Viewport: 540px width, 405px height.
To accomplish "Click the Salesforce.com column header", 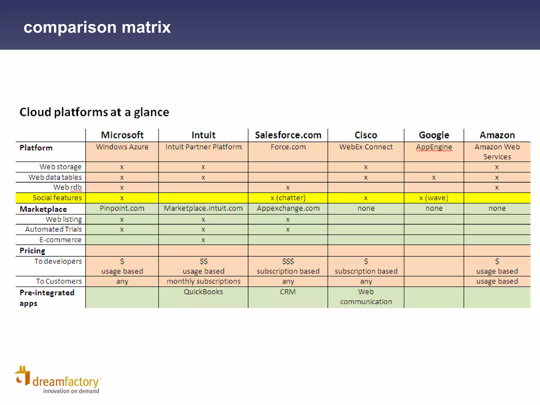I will click(288, 135).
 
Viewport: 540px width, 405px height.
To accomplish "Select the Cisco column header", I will click(366, 135).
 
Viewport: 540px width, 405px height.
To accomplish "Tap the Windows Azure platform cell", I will click(122, 147).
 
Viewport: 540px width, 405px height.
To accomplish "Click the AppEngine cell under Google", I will click(434, 147).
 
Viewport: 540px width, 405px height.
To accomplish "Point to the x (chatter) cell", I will click(288, 198).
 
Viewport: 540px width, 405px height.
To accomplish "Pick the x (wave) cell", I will click(434, 198).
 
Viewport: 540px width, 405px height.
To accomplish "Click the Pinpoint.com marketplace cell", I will click(122, 208).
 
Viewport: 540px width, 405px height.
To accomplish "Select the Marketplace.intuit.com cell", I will click(203, 208).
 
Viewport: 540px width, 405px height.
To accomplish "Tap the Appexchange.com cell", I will click(288, 208).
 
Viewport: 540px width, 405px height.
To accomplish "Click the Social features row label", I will click(57, 198).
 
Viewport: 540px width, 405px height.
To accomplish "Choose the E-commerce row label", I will click(60, 240).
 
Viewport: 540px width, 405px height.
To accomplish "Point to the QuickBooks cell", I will click(203, 292).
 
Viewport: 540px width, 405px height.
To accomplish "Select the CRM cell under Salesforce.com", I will click(288, 292).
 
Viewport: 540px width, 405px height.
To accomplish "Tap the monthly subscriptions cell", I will click(203, 281).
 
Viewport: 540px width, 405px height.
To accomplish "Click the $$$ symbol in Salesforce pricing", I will click(288, 261).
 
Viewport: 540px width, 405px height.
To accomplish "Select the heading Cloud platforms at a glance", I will click(94, 112).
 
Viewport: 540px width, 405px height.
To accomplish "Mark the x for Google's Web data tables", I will click(434, 178).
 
